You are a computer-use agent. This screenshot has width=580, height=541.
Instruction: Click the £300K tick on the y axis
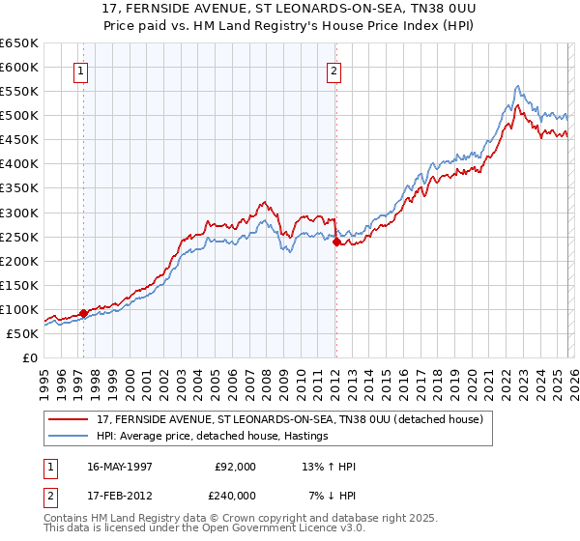click(19, 213)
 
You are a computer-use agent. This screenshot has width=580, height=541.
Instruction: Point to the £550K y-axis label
click(19, 92)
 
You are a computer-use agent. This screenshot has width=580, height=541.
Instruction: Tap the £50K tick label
click(23, 333)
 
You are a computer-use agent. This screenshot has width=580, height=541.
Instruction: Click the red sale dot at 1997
click(84, 313)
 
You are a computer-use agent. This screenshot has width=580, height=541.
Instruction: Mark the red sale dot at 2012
click(336, 242)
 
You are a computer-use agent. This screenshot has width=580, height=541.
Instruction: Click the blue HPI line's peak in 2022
click(518, 86)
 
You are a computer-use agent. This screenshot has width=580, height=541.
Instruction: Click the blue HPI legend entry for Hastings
click(213, 436)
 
